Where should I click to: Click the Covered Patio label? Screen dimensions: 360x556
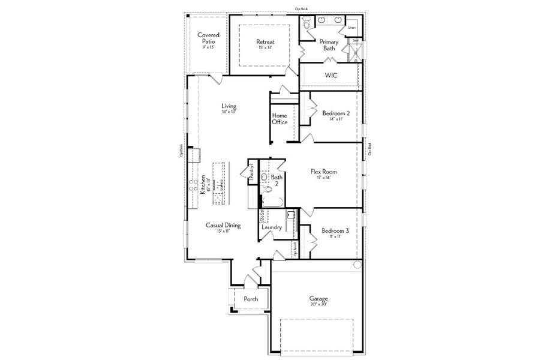click(208, 38)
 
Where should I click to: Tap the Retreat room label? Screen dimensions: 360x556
click(265, 41)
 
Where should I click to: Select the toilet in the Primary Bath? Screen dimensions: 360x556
click(307, 23)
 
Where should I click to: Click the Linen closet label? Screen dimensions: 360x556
click(352, 28)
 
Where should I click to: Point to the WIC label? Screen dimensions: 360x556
click(330, 76)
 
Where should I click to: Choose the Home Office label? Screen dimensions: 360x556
click(279, 118)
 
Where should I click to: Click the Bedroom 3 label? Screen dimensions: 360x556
click(335, 230)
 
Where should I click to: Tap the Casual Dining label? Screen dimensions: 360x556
click(223, 226)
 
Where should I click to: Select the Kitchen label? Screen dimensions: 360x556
click(203, 184)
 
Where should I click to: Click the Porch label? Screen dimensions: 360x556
click(251, 299)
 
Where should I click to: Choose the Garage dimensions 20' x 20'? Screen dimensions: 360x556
click(318, 304)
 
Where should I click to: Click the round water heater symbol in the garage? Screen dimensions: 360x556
click(356, 265)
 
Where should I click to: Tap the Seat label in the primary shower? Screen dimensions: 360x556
click(356, 41)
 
